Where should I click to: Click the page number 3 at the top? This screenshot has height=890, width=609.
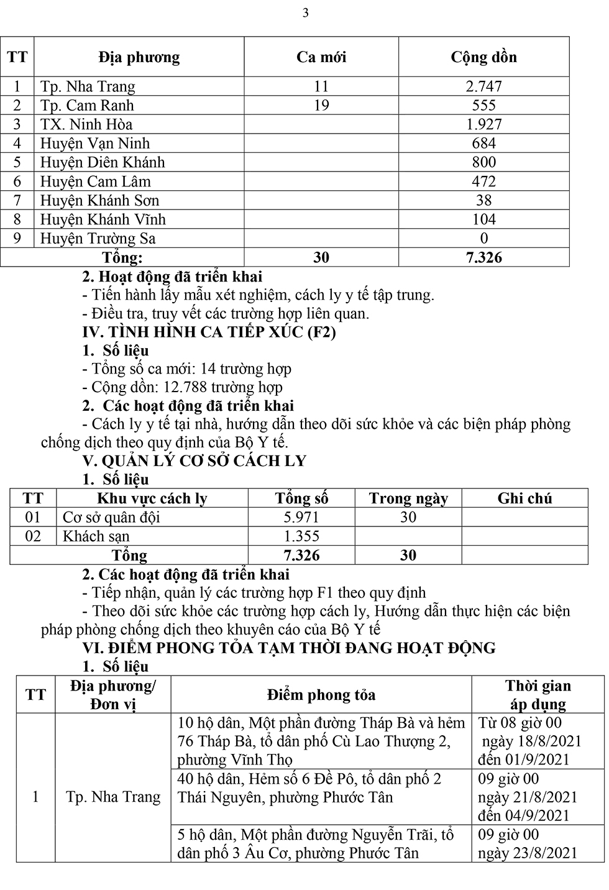pos(305,13)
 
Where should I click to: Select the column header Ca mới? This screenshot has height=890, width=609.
pos(321,57)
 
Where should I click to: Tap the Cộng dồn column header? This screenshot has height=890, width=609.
pos(483,57)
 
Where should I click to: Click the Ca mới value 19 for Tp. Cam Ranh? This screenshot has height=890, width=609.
pos(321,105)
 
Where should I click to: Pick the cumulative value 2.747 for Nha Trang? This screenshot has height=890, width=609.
pos(483,86)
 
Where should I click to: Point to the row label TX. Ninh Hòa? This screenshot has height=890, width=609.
pos(86,124)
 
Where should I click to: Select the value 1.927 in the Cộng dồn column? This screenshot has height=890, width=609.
pos(483,124)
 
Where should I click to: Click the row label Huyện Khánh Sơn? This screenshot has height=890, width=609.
pos(99,201)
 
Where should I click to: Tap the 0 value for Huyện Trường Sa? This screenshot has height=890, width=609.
pos(484,239)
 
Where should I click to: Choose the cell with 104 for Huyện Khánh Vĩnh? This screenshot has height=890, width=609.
pos(483,219)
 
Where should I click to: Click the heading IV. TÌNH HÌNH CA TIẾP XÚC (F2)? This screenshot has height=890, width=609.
pos(209,332)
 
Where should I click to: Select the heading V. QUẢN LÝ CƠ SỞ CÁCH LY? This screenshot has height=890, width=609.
pos(195,461)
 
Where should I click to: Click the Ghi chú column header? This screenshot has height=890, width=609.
pos(524,498)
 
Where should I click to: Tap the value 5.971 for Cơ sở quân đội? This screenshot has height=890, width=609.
pos(301,517)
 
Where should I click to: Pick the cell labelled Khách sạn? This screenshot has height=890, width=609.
pos(96,536)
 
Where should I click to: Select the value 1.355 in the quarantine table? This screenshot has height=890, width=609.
pos(301,536)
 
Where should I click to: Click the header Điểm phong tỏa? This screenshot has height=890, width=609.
pos(321,695)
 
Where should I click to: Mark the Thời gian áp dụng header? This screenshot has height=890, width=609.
pos(538,695)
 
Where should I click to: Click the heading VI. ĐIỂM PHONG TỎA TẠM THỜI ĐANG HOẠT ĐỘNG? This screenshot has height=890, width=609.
pos(289,648)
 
